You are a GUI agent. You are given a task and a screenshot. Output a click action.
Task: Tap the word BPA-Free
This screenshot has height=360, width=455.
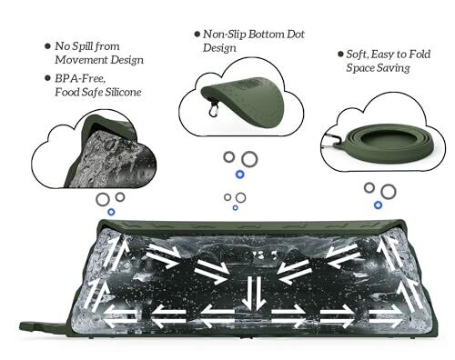pyautogui.click(x=80, y=79)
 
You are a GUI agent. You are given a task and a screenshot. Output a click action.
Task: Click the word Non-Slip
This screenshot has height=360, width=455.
pyautogui.click(x=224, y=35)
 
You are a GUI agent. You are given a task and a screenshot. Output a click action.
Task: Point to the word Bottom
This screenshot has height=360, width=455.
pyautogui.click(x=266, y=35)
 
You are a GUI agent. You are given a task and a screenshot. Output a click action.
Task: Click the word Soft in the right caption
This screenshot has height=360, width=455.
pyautogui.click(x=358, y=55)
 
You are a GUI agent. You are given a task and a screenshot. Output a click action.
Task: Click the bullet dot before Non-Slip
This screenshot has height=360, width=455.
pyautogui.click(x=197, y=34)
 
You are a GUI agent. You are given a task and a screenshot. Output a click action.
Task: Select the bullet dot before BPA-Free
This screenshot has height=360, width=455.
pyautogui.click(x=47, y=78)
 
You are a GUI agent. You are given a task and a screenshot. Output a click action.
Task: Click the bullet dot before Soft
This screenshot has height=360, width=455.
pyautogui.click(x=340, y=55)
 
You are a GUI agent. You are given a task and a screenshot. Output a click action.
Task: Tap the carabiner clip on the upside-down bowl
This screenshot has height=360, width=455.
pyautogui.click(x=214, y=108)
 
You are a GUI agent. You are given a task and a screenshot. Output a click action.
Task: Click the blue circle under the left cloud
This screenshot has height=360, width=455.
pyautogui.click(x=111, y=212)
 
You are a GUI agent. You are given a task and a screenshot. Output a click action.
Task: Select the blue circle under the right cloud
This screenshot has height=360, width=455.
pyautogui.click(x=378, y=205)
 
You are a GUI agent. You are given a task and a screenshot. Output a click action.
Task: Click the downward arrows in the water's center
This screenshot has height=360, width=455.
pyautogui.click(x=254, y=293)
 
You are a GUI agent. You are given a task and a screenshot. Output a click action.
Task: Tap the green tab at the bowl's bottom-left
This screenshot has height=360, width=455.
pyautogui.click(x=44, y=326)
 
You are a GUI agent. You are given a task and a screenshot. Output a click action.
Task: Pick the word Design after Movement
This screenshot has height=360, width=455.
pyautogui.click(x=126, y=60)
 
